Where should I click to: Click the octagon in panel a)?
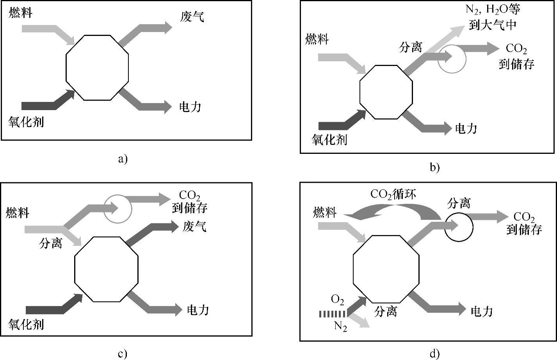(x=97, y=67)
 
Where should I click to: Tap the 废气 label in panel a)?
(x=192, y=17)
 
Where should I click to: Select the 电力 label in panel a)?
(x=190, y=107)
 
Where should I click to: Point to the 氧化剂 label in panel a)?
(x=26, y=122)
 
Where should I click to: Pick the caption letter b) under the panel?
(x=434, y=168)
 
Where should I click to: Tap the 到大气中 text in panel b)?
(x=493, y=25)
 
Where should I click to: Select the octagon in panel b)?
(x=386, y=92)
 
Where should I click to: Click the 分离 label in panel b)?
(x=411, y=47)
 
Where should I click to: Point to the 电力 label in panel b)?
(x=466, y=128)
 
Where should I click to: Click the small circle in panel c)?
(x=118, y=209)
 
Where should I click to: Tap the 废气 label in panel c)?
(x=194, y=226)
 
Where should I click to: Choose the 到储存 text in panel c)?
(x=190, y=207)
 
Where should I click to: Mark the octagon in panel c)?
(x=106, y=269)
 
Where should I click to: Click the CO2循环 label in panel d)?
(x=393, y=194)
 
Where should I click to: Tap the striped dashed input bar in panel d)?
(x=332, y=314)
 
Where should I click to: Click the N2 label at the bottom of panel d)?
(x=340, y=326)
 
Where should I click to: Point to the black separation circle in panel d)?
(x=459, y=227)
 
